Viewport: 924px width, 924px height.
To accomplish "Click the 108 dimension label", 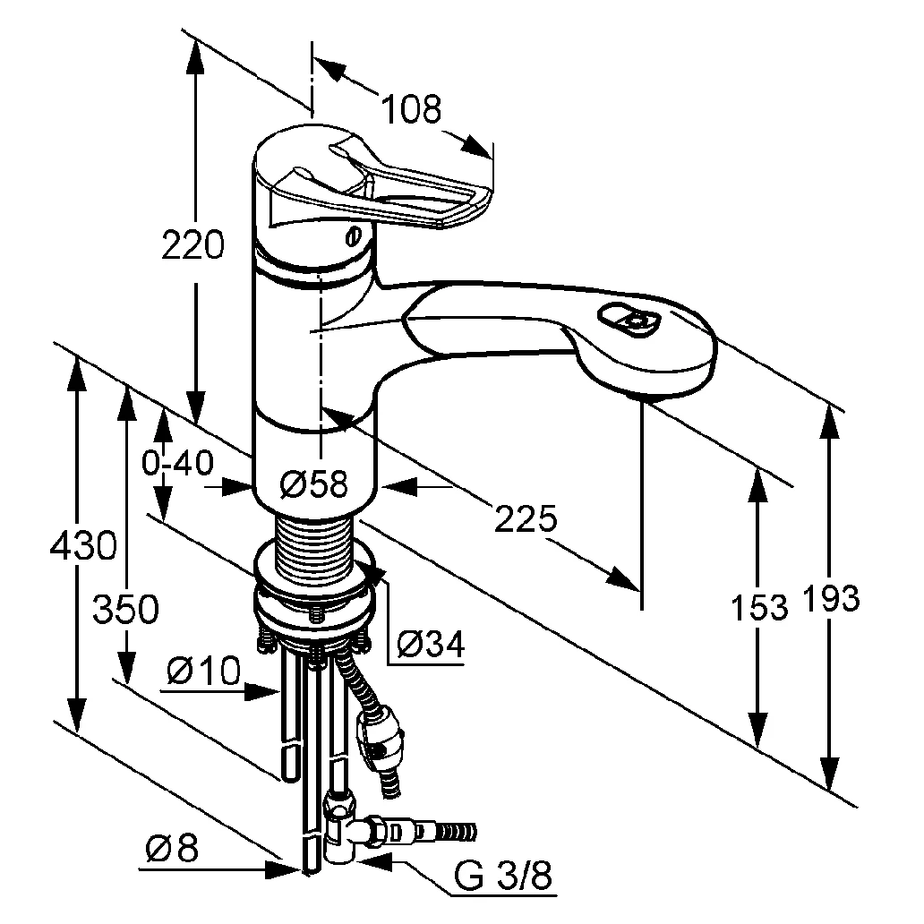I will pyautogui.click(x=412, y=109).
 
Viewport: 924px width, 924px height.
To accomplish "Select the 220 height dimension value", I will pyautogui.click(x=192, y=245).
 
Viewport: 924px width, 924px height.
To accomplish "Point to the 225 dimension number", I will pyautogui.click(x=526, y=518).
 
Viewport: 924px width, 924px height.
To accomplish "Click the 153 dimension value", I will pyautogui.click(x=757, y=607).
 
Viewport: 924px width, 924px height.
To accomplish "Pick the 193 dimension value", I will pyautogui.click(x=831, y=598).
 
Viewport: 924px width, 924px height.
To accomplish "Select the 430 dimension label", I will pyautogui.click(x=81, y=544).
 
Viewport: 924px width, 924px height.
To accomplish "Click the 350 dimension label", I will pyautogui.click(x=126, y=610).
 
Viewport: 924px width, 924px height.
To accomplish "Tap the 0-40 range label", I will pyautogui.click(x=177, y=463).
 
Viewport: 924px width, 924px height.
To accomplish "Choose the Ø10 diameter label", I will pyautogui.click(x=204, y=670).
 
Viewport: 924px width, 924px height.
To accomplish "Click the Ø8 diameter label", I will pyautogui.click(x=171, y=849).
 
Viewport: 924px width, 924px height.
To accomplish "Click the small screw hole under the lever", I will pyautogui.click(x=353, y=237).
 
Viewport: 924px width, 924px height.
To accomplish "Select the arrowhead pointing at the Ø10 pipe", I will pyautogui.click(x=268, y=690).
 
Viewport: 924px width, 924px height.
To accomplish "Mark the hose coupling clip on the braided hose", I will pyautogui.click(x=380, y=734).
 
